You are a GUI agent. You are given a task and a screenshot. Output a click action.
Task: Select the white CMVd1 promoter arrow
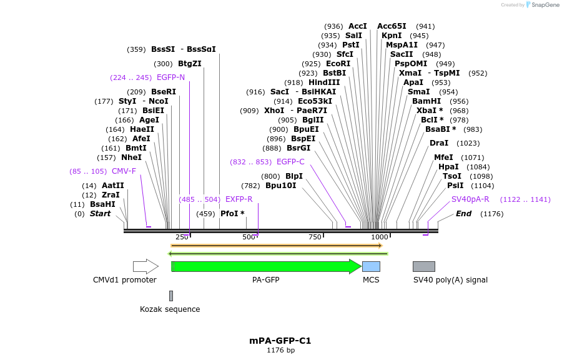(x=145, y=266)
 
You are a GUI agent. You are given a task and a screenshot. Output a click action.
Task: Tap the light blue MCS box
(x=371, y=266)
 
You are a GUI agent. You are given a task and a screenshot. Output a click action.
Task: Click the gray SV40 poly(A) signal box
(x=424, y=266)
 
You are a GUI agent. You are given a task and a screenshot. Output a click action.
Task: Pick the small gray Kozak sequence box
(x=171, y=296)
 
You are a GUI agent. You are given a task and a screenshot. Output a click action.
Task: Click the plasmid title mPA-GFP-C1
(x=280, y=341)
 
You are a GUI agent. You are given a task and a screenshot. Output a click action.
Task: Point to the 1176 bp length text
(x=280, y=351)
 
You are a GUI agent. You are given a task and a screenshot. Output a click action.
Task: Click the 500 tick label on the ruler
(x=249, y=237)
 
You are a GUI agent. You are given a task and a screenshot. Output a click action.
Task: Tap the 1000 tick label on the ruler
(x=380, y=237)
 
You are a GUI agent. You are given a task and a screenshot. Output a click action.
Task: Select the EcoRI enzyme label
(x=338, y=64)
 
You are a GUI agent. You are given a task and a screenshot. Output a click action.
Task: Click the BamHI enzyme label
(x=426, y=101)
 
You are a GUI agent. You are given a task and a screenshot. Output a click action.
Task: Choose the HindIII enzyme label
(x=324, y=82)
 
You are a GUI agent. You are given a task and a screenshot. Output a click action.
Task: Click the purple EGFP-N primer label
(x=170, y=77)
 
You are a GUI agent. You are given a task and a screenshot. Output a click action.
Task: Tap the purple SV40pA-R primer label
(x=470, y=199)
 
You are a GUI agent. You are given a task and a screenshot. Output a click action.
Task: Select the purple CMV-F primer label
(x=124, y=171)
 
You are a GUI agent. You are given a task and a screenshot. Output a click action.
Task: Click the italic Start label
(x=100, y=214)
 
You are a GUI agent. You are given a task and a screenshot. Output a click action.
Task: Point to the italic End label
(x=463, y=214)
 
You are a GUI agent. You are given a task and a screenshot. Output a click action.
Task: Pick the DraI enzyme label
(x=439, y=143)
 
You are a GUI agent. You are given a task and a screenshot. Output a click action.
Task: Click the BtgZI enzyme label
(x=190, y=64)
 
